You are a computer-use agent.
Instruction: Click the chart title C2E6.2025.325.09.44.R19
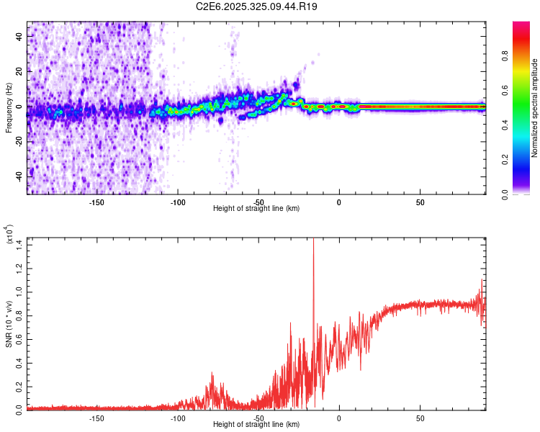(257, 7)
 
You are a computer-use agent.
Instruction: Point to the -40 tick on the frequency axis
(20, 176)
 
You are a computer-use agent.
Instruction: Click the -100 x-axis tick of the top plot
(178, 202)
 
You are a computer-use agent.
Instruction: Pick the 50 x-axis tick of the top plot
(420, 202)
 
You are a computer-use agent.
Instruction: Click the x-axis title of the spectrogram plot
(256, 209)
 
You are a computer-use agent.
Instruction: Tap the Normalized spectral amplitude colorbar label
(534, 108)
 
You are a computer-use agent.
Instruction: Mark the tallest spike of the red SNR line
(313, 241)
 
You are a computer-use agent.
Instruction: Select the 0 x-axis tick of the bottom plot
(339, 418)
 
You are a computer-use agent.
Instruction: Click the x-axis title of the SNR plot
(256, 425)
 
